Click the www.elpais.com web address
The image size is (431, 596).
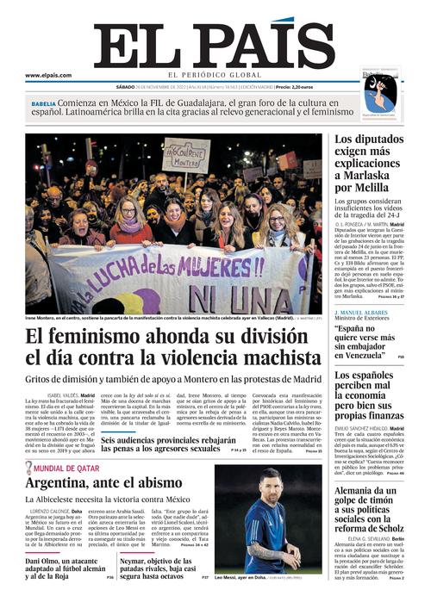coord(48,75)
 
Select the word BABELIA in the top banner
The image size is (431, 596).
coord(44,102)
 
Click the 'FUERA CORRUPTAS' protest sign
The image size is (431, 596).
coord(186,156)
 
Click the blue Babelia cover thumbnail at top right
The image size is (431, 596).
coord(380,92)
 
